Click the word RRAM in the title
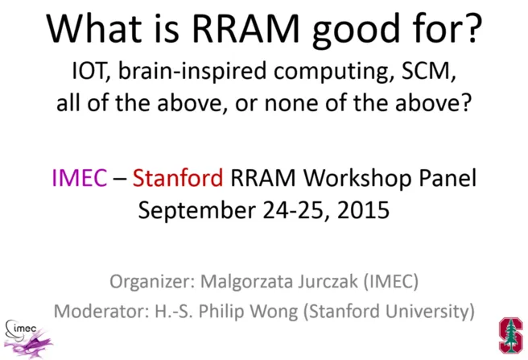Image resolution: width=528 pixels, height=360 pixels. [x=245, y=28]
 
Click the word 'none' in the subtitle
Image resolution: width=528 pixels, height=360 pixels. [x=291, y=103]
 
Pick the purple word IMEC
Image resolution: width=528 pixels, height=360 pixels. [x=80, y=178]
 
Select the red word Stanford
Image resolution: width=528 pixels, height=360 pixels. [x=178, y=177]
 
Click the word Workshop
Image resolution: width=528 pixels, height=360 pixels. [x=357, y=179]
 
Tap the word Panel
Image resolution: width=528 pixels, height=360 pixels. [x=448, y=177]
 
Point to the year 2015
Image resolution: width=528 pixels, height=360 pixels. [x=363, y=209]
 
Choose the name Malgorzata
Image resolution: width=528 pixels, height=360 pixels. [x=248, y=281]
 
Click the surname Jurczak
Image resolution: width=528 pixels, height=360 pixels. [x=328, y=281]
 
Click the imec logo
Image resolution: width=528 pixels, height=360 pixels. [x=28, y=338]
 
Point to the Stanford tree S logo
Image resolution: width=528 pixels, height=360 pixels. [x=511, y=335]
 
